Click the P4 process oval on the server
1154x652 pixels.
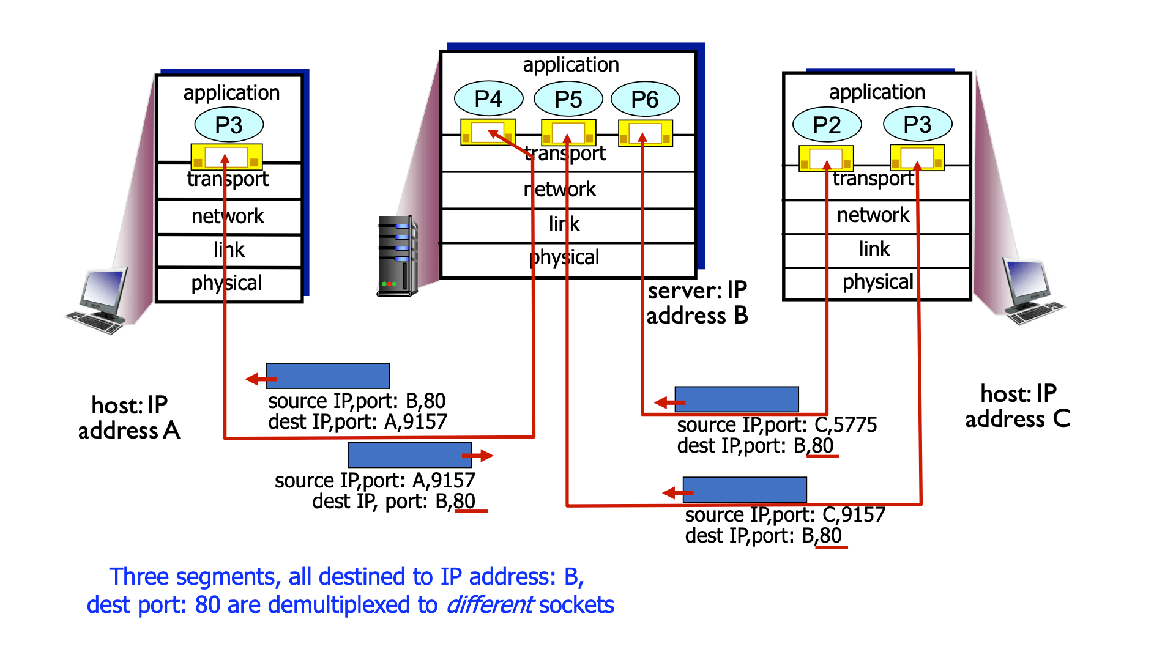point(488,98)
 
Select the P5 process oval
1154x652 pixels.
point(568,99)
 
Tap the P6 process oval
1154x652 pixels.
point(645,99)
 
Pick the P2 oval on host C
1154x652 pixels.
point(827,125)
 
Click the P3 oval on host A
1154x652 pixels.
point(229,125)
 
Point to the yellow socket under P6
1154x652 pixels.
point(646,133)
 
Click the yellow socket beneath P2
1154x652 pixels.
point(826,158)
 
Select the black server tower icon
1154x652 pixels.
point(397,256)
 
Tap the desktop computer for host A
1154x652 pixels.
point(99,301)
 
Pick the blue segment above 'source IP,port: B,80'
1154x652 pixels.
point(328,376)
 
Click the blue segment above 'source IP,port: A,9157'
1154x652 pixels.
point(409,455)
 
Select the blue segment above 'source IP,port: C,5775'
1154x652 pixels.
point(737,399)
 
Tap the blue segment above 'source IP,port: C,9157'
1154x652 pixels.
point(745,490)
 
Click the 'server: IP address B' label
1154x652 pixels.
point(698,303)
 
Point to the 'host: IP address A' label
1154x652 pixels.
point(129,418)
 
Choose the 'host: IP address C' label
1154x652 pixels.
point(1018,406)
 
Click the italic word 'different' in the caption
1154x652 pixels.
point(489,605)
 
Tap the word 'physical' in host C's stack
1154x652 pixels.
point(877,282)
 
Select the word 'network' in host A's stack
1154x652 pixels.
point(228,216)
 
